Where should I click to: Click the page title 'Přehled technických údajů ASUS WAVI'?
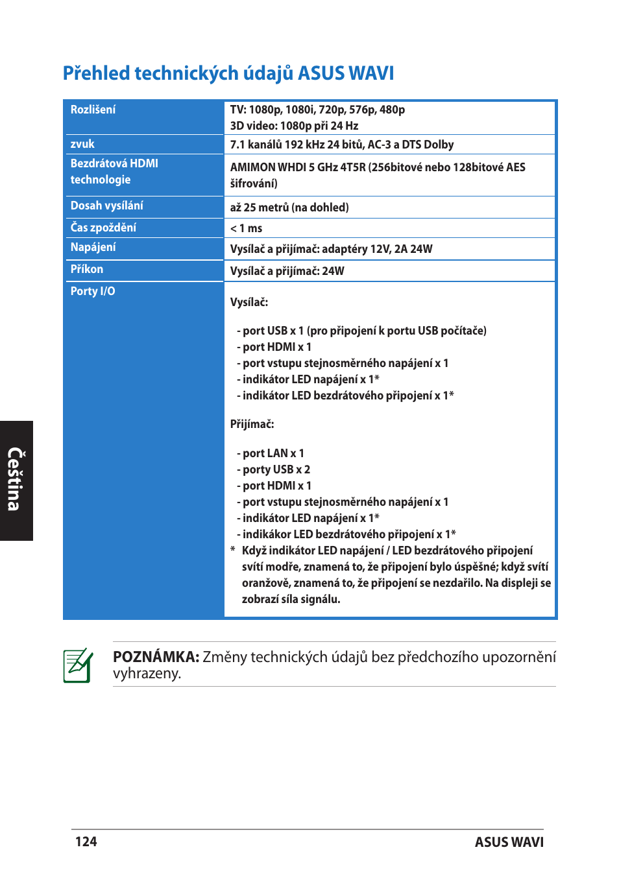pyautogui.click(x=228, y=73)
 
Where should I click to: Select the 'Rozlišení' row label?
pyautogui.click(x=93, y=110)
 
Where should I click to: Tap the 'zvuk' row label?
pyautogui.click(x=82, y=144)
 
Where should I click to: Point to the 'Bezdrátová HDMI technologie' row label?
pyautogui.click(x=114, y=172)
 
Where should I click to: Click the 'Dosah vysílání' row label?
pyautogui.click(x=107, y=206)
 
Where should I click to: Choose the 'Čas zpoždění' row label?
pyautogui.click(x=103, y=228)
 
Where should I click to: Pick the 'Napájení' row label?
pyautogui.click(x=93, y=247)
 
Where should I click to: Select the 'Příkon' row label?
pyautogui.click(x=87, y=269)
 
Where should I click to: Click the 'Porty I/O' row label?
pyautogui.click(x=93, y=291)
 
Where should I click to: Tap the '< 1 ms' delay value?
pyautogui.click(x=247, y=228)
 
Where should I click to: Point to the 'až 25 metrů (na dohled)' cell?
pyautogui.click(x=289, y=208)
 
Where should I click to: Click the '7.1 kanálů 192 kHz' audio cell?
pyautogui.click(x=342, y=145)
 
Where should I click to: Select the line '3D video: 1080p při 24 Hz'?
pyautogui.click(x=294, y=126)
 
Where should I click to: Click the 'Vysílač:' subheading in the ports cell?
pyautogui.click(x=249, y=302)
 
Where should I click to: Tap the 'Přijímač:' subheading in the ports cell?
pyautogui.click(x=252, y=424)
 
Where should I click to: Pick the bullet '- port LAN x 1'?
pyautogui.click(x=271, y=453)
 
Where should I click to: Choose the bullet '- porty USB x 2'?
pyautogui.click(x=274, y=469)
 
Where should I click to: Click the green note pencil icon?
pyautogui.click(x=78, y=665)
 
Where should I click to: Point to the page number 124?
pyautogui.click(x=86, y=842)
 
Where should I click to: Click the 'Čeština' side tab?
pyautogui.click(x=16, y=480)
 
